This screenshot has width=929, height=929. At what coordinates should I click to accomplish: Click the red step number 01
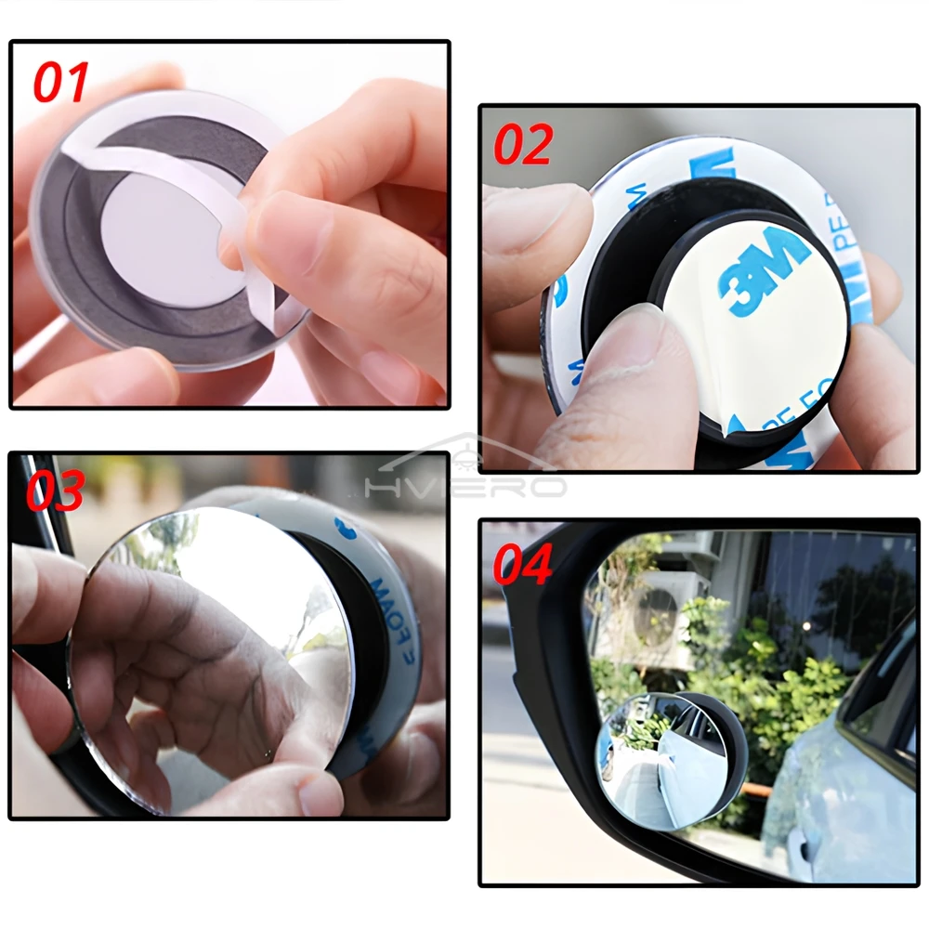tap(61, 82)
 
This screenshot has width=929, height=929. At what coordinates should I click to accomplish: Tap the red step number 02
tap(522, 145)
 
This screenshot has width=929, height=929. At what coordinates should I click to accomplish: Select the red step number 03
tap(55, 491)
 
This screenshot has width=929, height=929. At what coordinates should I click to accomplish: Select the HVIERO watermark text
tap(464, 485)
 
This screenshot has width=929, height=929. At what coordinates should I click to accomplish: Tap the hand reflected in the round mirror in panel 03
tap(186, 669)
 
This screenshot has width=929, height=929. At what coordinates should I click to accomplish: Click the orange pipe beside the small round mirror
tap(757, 790)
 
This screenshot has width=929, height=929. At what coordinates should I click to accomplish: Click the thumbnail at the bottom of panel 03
tap(321, 794)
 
